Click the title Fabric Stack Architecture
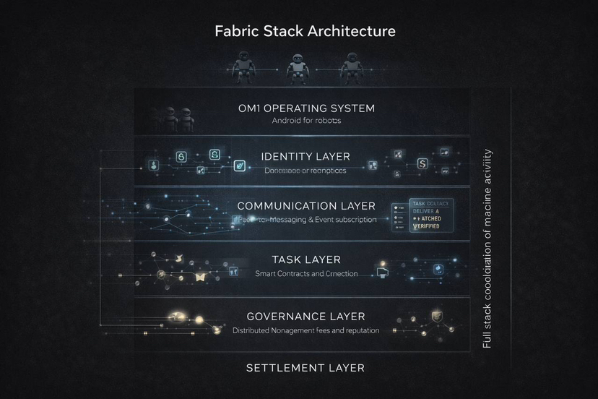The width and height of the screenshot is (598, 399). tap(305, 32)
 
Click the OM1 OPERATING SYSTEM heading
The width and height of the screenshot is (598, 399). tap(305, 108)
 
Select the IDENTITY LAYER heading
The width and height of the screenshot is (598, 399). tap(305, 156)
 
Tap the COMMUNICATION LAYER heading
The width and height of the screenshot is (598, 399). tap(306, 206)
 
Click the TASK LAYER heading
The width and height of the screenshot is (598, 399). tap(306, 259)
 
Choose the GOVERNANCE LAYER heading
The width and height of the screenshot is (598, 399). tap(305, 317)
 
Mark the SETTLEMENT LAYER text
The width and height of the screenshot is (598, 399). tap(305, 368)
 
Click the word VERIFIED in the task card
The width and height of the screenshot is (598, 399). tap(425, 226)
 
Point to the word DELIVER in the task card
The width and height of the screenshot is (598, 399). tap(422, 211)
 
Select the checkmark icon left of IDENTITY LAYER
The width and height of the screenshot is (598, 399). tap(238, 166)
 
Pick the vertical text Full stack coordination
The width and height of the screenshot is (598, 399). tap(487, 249)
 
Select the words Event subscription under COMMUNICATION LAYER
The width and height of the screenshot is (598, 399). tap(345, 219)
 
